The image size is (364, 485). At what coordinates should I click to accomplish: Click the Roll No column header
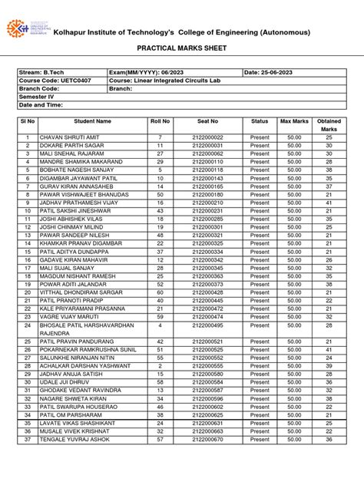(160, 121)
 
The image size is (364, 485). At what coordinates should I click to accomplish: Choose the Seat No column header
(207, 121)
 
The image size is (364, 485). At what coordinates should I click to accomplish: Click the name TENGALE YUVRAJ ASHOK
(71, 440)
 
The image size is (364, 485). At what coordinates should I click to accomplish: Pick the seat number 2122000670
(207, 440)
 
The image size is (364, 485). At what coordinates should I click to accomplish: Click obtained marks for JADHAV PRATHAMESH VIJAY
(328, 203)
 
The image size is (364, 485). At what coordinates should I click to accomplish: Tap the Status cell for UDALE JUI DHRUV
(260, 381)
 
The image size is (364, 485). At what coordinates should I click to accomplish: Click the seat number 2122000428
(207, 292)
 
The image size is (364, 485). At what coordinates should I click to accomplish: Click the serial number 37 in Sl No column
(26, 440)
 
